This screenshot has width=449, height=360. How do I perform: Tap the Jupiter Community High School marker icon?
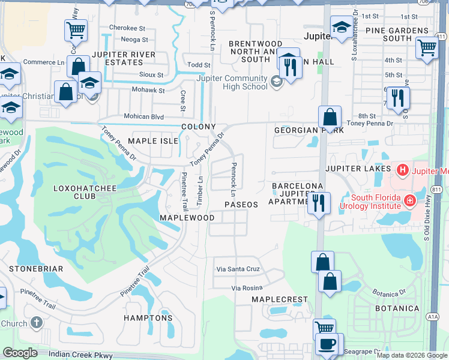coord(277,82)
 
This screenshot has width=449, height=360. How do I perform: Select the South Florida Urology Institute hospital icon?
coord(410,200)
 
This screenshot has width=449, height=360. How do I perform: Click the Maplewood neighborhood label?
coord(187,217)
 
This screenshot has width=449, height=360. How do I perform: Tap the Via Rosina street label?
coord(248,289)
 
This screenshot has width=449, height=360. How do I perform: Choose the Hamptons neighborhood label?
coord(148,318)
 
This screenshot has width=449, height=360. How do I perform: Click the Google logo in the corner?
coord(20,353)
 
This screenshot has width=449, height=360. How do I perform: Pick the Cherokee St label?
coord(127,28)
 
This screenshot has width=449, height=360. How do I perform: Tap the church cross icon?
coord(36,323)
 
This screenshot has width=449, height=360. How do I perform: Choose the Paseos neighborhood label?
coord(241,205)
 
